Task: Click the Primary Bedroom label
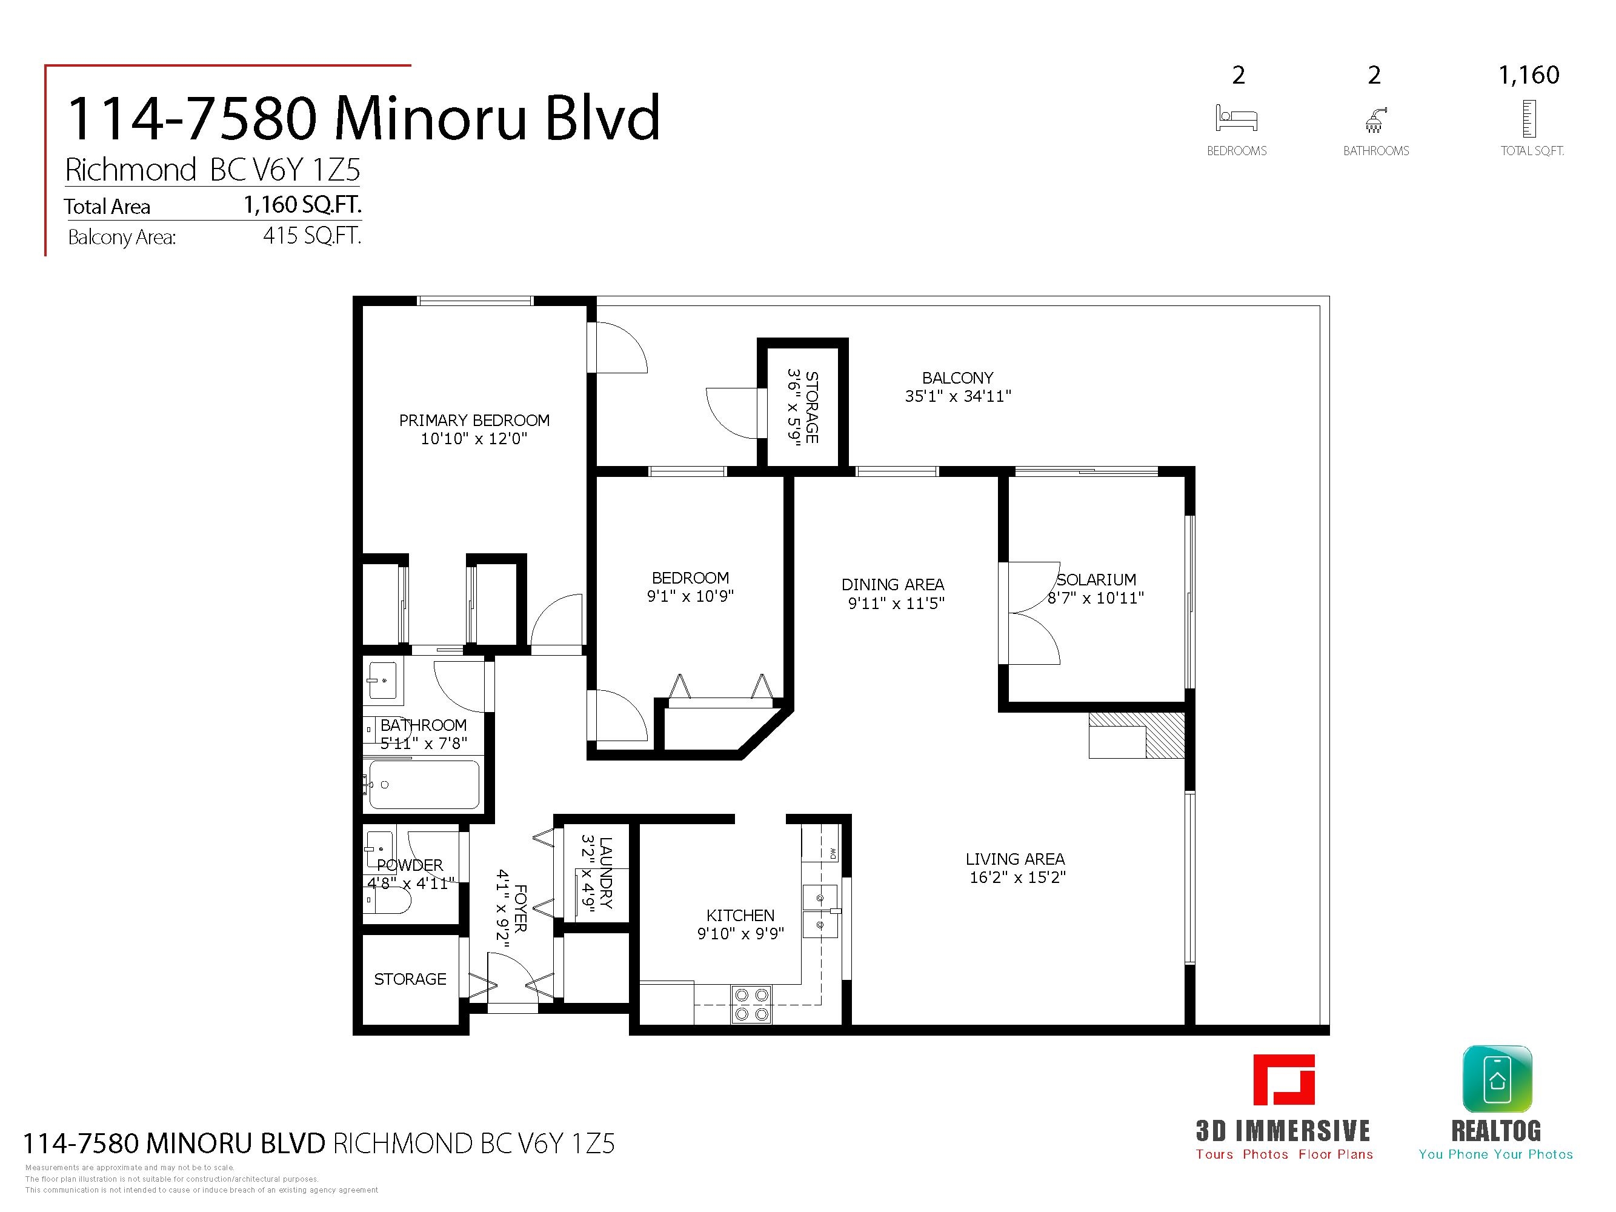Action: [474, 420]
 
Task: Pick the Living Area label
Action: [1016, 859]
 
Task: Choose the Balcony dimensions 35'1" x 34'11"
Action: [958, 396]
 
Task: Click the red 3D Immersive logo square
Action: [1283, 1079]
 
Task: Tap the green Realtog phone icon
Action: [1497, 1079]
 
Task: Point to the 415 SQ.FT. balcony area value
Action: [312, 236]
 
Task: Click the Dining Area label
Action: [893, 584]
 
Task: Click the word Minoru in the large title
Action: [431, 118]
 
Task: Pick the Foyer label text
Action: [520, 908]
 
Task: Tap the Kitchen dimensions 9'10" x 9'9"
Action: [741, 934]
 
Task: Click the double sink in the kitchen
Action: [820, 911]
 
